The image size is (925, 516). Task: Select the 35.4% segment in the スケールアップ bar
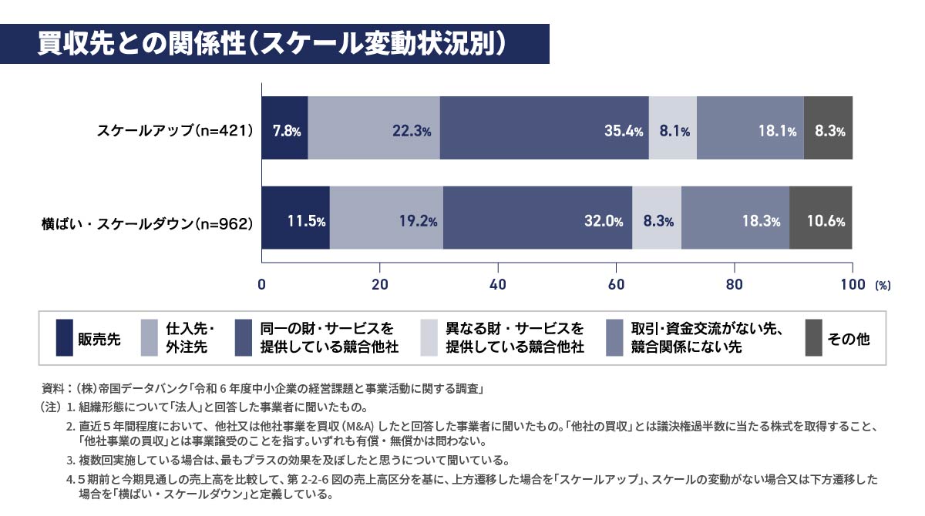click(544, 128)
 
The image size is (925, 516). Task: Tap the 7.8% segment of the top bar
click(285, 128)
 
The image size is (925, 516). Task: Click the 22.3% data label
click(411, 132)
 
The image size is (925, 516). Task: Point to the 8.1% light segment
click(673, 128)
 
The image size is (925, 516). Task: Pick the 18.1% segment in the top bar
click(750, 128)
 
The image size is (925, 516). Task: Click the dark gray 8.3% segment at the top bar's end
click(828, 128)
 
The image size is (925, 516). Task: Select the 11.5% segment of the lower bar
click(296, 218)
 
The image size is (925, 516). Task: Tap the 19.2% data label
click(419, 222)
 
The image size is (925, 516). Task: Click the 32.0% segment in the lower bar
click(537, 218)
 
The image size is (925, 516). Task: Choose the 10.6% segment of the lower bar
click(821, 218)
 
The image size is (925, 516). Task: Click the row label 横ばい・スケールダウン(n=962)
click(146, 224)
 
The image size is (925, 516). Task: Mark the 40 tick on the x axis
click(498, 283)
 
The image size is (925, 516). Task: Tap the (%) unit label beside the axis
click(882, 285)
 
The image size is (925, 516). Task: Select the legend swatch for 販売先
click(66, 338)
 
